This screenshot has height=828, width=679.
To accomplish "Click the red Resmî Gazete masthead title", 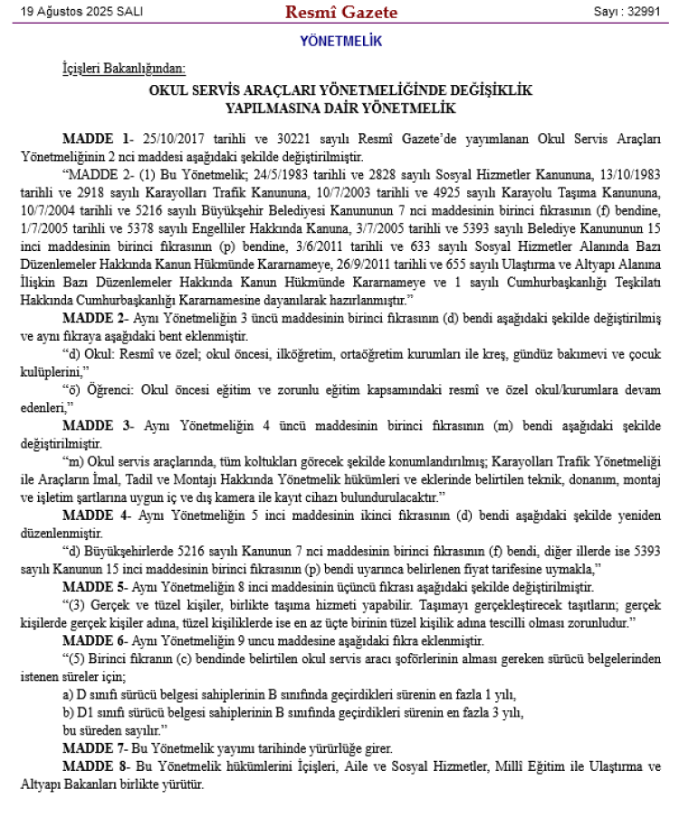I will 341,12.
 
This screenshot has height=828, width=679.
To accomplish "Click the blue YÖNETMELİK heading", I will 340,41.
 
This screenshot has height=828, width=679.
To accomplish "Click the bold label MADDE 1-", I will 99,139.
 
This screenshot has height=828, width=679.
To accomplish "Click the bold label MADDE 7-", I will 95,748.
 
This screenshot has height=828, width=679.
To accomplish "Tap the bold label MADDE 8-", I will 95,765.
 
